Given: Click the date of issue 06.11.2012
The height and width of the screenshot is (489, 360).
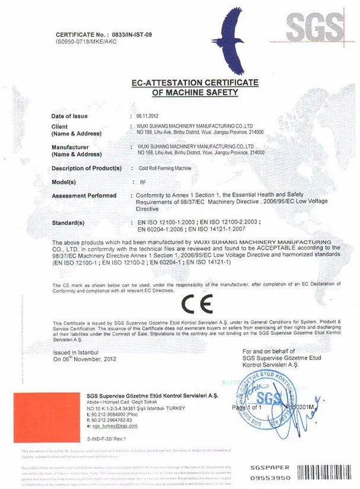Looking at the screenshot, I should pos(147,116).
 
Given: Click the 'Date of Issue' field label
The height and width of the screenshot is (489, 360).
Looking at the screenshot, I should pos(69,116).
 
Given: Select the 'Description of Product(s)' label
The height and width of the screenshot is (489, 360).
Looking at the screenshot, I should pos(87,169).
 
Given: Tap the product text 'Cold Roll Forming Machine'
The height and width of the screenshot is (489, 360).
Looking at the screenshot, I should pos(160,169).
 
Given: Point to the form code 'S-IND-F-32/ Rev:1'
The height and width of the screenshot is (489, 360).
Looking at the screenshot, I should pos(107,437).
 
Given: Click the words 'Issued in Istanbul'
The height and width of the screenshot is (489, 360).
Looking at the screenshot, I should pos(76,352).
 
